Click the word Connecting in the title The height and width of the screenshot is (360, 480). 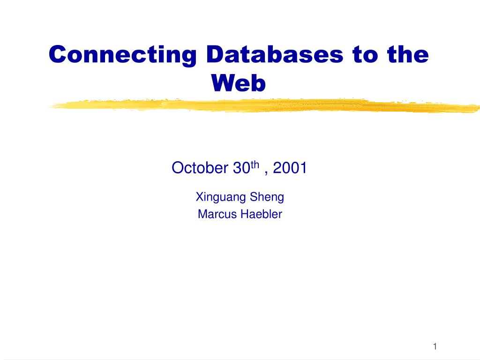[122, 55]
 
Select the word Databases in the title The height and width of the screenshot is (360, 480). [274, 55]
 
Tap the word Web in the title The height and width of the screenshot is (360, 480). [239, 83]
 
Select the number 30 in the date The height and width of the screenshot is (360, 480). [241, 167]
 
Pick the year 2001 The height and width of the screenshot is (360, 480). [289, 167]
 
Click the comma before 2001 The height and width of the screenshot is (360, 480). [266, 172]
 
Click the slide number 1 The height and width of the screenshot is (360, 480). [435, 346]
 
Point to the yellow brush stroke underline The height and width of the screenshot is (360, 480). [262, 106]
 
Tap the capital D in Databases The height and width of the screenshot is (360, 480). [215, 55]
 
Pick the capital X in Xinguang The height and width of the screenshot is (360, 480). [199, 197]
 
